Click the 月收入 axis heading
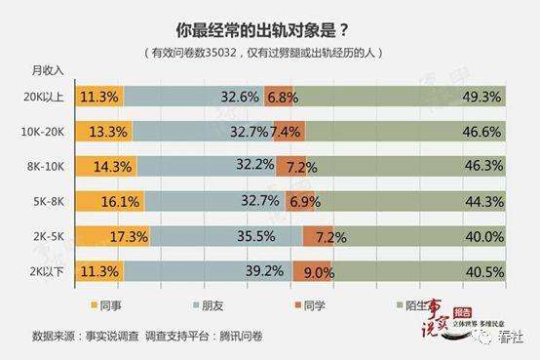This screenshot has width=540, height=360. click(x=47, y=70)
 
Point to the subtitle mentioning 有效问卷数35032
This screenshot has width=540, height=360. click(x=269, y=51)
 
